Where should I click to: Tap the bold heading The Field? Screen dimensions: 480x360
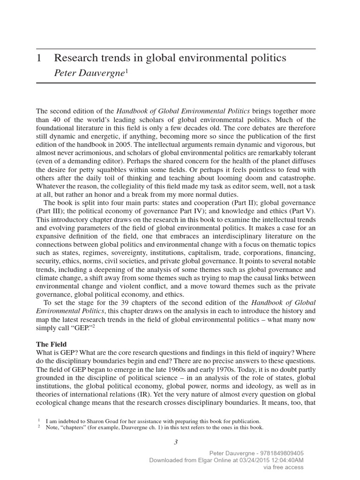[x=52, y=344]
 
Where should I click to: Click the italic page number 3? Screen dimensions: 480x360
[x=176, y=441]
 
